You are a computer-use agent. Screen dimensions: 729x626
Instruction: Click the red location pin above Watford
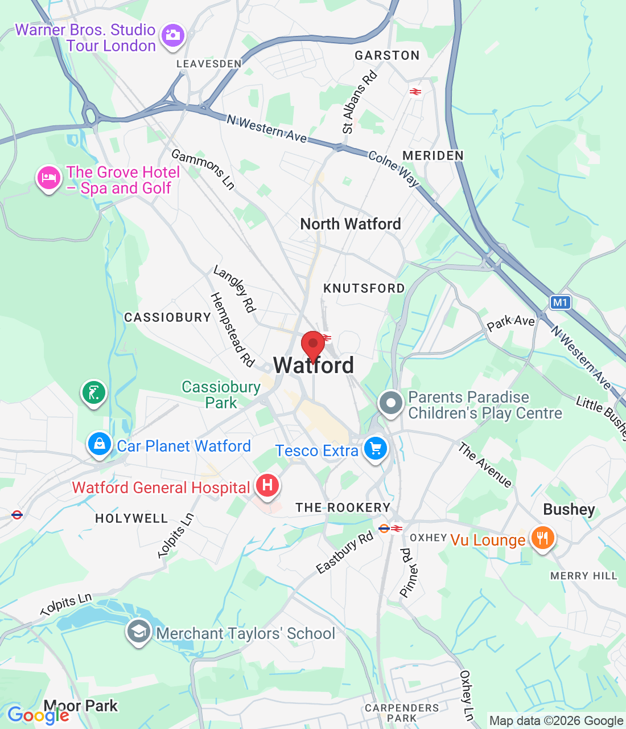(313, 344)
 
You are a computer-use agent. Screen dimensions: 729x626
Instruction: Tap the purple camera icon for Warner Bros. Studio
(172, 36)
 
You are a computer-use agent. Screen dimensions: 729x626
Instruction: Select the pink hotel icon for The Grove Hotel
(48, 178)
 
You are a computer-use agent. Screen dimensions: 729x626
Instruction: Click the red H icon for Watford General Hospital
(267, 486)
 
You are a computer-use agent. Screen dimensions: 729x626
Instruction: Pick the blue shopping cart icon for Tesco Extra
(375, 449)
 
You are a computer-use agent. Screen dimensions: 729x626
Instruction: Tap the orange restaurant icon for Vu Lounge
(542, 538)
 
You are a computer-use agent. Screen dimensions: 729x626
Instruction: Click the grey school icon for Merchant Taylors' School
(138, 632)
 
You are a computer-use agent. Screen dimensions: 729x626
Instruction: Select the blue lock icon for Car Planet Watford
(100, 444)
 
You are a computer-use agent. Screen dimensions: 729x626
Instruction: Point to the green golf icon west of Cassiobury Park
(94, 392)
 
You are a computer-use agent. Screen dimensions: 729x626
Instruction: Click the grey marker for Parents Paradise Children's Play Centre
(390, 403)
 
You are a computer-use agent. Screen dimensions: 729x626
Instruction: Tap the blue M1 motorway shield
(560, 302)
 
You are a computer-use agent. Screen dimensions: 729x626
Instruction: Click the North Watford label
(351, 224)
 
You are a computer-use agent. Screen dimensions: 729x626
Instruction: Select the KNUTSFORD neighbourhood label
(364, 289)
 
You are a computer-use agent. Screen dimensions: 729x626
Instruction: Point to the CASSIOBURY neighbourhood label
(168, 318)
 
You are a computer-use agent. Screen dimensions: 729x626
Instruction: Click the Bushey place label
(569, 510)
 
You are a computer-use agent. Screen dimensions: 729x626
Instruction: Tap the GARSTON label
(387, 56)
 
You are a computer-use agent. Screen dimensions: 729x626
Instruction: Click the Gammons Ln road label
(203, 169)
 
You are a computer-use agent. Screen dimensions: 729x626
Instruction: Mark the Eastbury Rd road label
(345, 552)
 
